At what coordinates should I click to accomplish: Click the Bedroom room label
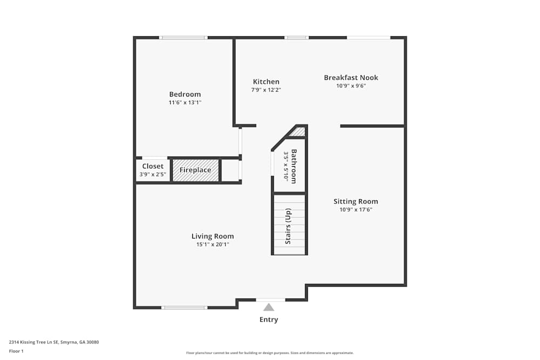185,94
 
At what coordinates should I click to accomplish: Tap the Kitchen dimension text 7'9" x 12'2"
266,90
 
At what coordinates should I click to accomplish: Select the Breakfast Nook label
351,78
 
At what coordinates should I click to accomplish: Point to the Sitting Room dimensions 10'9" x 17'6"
356,209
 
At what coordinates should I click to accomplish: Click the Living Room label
213,236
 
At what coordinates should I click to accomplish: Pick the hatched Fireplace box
195,170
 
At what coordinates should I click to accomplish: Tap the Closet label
153,166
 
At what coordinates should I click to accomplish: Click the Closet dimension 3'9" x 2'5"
153,174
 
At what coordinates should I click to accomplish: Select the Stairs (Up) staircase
289,225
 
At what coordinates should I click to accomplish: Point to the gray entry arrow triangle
268,308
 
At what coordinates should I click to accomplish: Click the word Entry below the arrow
268,320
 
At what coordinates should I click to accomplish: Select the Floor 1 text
16,351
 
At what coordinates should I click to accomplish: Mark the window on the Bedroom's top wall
184,38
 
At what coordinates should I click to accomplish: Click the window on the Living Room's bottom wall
184,308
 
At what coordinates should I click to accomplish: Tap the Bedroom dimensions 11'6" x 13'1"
185,103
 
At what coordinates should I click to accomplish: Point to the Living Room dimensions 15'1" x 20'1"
213,244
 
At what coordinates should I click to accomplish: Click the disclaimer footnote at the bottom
270,353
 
